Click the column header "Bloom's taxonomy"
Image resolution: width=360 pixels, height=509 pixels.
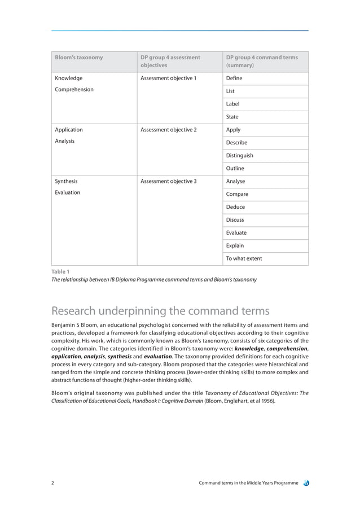[78, 57]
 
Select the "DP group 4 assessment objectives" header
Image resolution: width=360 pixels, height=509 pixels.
[170, 61]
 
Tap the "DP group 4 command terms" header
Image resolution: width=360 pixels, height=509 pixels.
[261, 61]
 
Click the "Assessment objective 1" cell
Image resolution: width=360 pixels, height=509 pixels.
[168, 78]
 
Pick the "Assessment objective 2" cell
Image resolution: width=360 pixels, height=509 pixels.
[168, 130]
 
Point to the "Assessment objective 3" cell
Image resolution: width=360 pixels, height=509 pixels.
[168, 182]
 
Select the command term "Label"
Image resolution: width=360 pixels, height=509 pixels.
[232, 104]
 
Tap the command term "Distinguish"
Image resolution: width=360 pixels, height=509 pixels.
[239, 155]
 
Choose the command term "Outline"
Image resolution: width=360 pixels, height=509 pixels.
[235, 168]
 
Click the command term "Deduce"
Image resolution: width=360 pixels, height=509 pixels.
[235, 207]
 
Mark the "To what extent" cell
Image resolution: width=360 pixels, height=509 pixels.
[244, 259]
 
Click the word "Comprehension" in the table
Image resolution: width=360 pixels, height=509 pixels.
[74, 89]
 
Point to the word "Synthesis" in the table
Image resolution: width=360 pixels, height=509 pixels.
[66, 182]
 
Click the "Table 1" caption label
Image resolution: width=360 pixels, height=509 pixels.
[60, 271]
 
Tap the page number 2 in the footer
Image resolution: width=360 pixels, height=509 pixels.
[53, 483]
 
